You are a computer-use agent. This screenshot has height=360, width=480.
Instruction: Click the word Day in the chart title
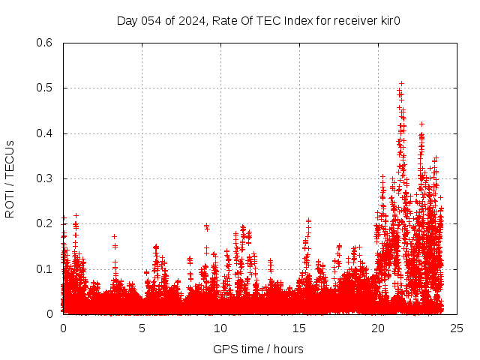click(x=126, y=20)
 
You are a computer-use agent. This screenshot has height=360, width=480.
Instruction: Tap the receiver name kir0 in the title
click(x=388, y=20)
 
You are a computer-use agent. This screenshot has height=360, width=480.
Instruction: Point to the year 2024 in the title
click(x=187, y=20)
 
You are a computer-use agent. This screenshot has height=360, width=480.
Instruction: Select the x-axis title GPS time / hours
click(x=258, y=349)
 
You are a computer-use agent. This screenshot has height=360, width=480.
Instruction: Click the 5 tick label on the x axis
click(x=142, y=328)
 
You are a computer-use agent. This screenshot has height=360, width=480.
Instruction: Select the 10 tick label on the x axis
click(x=220, y=328)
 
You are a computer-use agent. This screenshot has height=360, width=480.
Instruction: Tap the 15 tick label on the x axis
click(x=299, y=328)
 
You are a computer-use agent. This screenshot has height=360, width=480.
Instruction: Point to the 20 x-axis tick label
click(x=378, y=328)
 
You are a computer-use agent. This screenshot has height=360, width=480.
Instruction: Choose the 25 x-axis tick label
click(x=457, y=328)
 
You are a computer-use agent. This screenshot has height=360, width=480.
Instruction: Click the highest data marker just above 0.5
click(x=401, y=83)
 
